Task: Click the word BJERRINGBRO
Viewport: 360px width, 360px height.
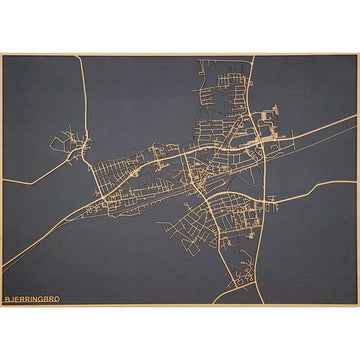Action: (x=32, y=298)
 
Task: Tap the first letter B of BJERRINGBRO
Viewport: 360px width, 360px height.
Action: (x=7, y=298)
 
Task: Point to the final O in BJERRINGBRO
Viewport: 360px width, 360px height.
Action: (x=57, y=298)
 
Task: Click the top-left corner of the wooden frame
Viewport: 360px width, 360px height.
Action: (x=1, y=54)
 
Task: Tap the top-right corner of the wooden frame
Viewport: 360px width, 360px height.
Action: (x=358, y=54)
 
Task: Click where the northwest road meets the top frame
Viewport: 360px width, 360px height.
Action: (x=78, y=56)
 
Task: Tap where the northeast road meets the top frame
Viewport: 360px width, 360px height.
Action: (x=251, y=56)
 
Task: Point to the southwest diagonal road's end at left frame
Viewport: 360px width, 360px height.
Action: (x=3, y=268)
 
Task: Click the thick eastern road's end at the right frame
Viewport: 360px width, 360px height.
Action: (x=356, y=118)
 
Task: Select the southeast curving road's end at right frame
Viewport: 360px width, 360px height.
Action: (x=356, y=182)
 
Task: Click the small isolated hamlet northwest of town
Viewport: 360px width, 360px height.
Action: (x=73, y=145)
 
